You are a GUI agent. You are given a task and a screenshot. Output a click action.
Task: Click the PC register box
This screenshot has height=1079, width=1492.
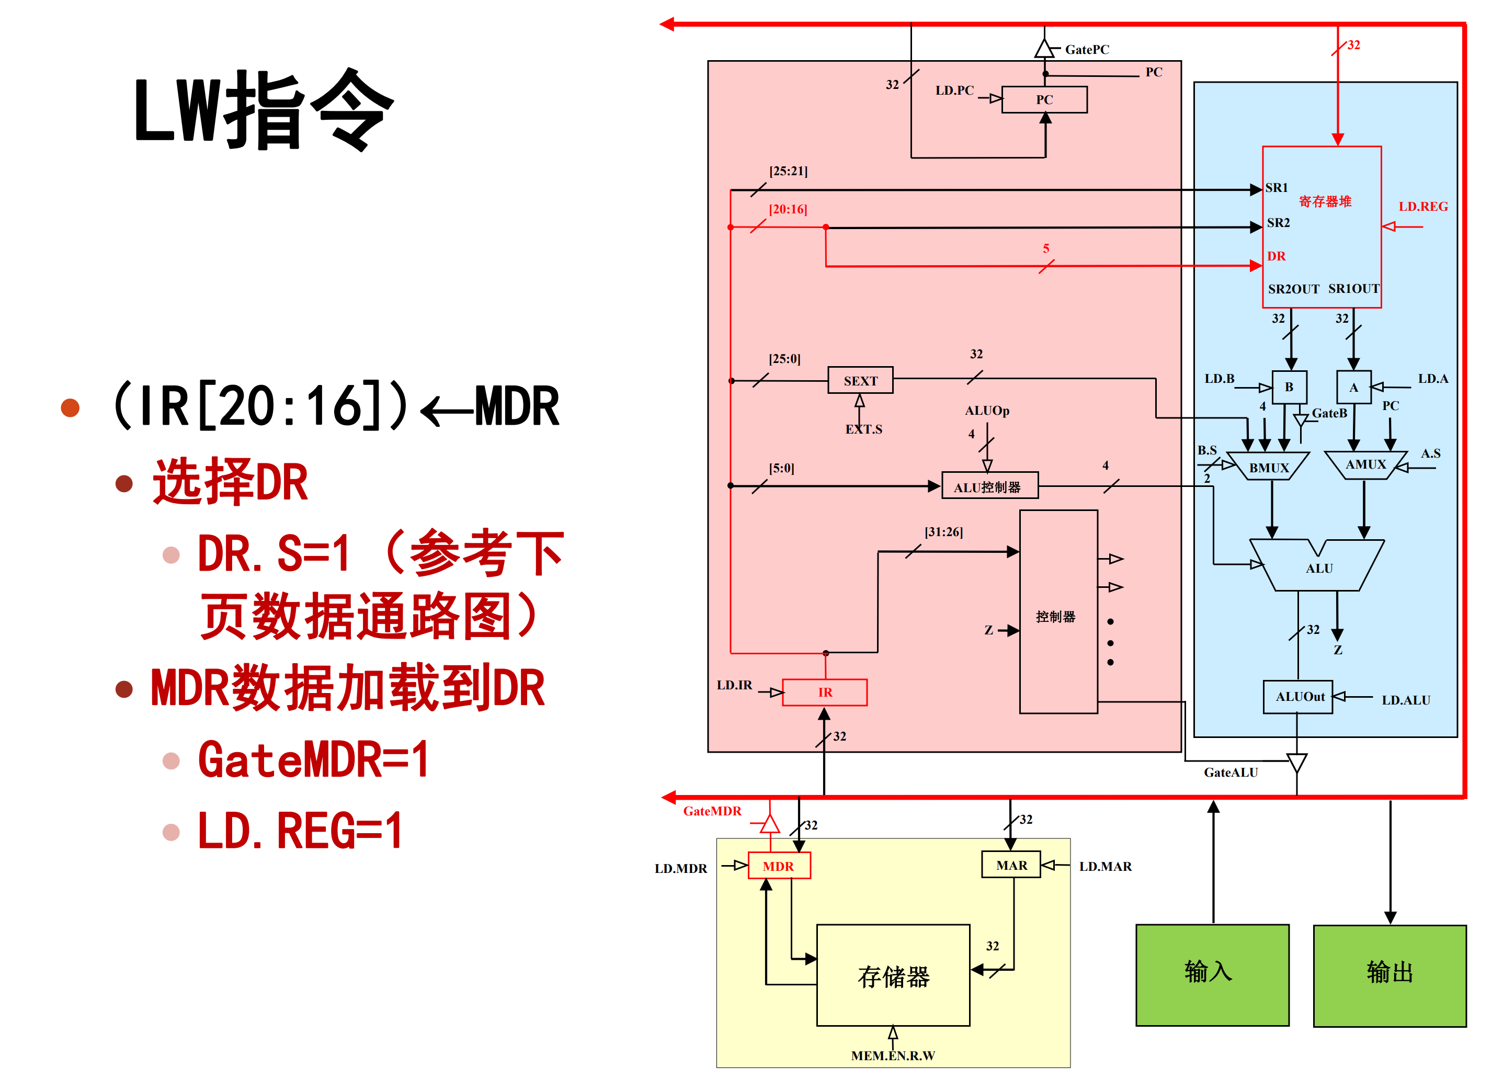1044,100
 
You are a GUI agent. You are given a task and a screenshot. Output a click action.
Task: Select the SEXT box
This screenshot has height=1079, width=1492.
860,381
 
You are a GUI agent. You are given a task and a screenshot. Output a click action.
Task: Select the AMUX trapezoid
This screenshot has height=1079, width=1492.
1365,464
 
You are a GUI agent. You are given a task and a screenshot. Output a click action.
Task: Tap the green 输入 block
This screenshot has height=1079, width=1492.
1212,975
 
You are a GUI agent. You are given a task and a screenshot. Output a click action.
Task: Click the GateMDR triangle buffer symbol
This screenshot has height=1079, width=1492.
770,824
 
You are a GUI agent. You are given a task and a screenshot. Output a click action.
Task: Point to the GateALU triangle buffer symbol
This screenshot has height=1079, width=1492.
1296,763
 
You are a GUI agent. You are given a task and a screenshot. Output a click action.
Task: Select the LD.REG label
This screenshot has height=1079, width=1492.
1422,207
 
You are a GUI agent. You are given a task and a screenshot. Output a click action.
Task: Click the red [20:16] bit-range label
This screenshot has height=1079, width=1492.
788,209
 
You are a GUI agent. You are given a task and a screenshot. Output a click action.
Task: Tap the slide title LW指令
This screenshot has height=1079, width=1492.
263,110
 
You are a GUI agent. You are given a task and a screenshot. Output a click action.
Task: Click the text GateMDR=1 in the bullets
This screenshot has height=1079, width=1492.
313,760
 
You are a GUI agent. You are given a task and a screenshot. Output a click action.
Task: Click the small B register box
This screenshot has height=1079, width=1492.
1289,388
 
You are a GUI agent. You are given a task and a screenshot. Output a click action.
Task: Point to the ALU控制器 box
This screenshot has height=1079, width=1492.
989,487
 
